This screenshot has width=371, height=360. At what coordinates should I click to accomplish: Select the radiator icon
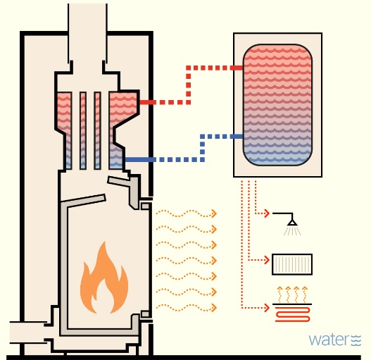pos(292,264)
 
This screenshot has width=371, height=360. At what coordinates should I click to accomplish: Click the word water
pos(329,340)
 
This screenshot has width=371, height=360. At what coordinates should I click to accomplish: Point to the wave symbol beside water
pos(356,340)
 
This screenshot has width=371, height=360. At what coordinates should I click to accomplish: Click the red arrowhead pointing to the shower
pos(267,213)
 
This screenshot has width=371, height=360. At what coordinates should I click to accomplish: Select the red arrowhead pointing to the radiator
pos(267,260)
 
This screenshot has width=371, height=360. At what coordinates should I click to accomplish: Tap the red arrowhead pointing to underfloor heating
pos(267,308)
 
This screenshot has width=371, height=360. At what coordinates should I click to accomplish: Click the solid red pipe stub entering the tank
pos(237,68)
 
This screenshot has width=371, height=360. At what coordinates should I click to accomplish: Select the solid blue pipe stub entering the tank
pos(237,137)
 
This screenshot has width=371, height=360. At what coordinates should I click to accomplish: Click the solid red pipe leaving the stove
pos(148,102)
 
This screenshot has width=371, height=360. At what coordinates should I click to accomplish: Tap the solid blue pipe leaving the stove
pos(140,160)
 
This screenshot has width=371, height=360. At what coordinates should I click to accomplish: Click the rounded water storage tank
pos(277,105)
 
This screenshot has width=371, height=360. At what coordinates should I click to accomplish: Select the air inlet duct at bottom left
pos(28,332)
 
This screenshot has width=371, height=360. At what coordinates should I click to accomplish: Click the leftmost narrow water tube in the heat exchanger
pos(83,130)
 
